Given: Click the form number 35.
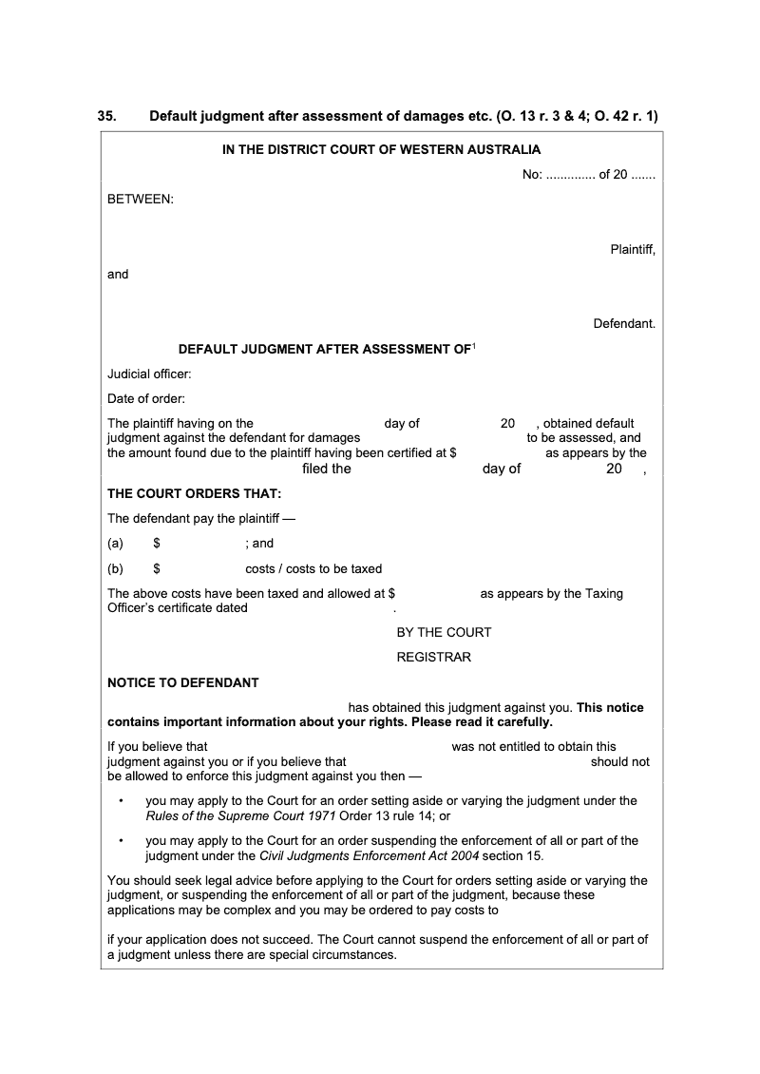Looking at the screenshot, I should (106, 117).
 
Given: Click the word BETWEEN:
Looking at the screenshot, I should (140, 200).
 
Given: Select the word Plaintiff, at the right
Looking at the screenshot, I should (632, 250).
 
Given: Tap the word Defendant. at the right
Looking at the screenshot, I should (624, 324).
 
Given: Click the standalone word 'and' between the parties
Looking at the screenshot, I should (118, 274).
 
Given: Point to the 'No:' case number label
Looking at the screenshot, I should (532, 175).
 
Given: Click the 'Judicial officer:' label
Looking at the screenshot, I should (149, 374).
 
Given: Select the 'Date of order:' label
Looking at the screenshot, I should (146, 398).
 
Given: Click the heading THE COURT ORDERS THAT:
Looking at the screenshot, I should (194, 493).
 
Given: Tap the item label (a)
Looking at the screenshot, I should (116, 544).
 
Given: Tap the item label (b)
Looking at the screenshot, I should (116, 569).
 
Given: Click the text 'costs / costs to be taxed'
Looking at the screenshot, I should (313, 569).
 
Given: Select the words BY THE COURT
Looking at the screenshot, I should (444, 632).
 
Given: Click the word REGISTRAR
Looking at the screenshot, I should (433, 657).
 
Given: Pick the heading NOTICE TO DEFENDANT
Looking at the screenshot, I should (182, 682).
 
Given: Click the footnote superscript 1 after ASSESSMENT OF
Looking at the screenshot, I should (474, 346).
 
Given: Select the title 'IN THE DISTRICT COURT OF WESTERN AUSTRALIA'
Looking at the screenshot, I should (381, 149).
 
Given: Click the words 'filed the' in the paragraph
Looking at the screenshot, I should (327, 469).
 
